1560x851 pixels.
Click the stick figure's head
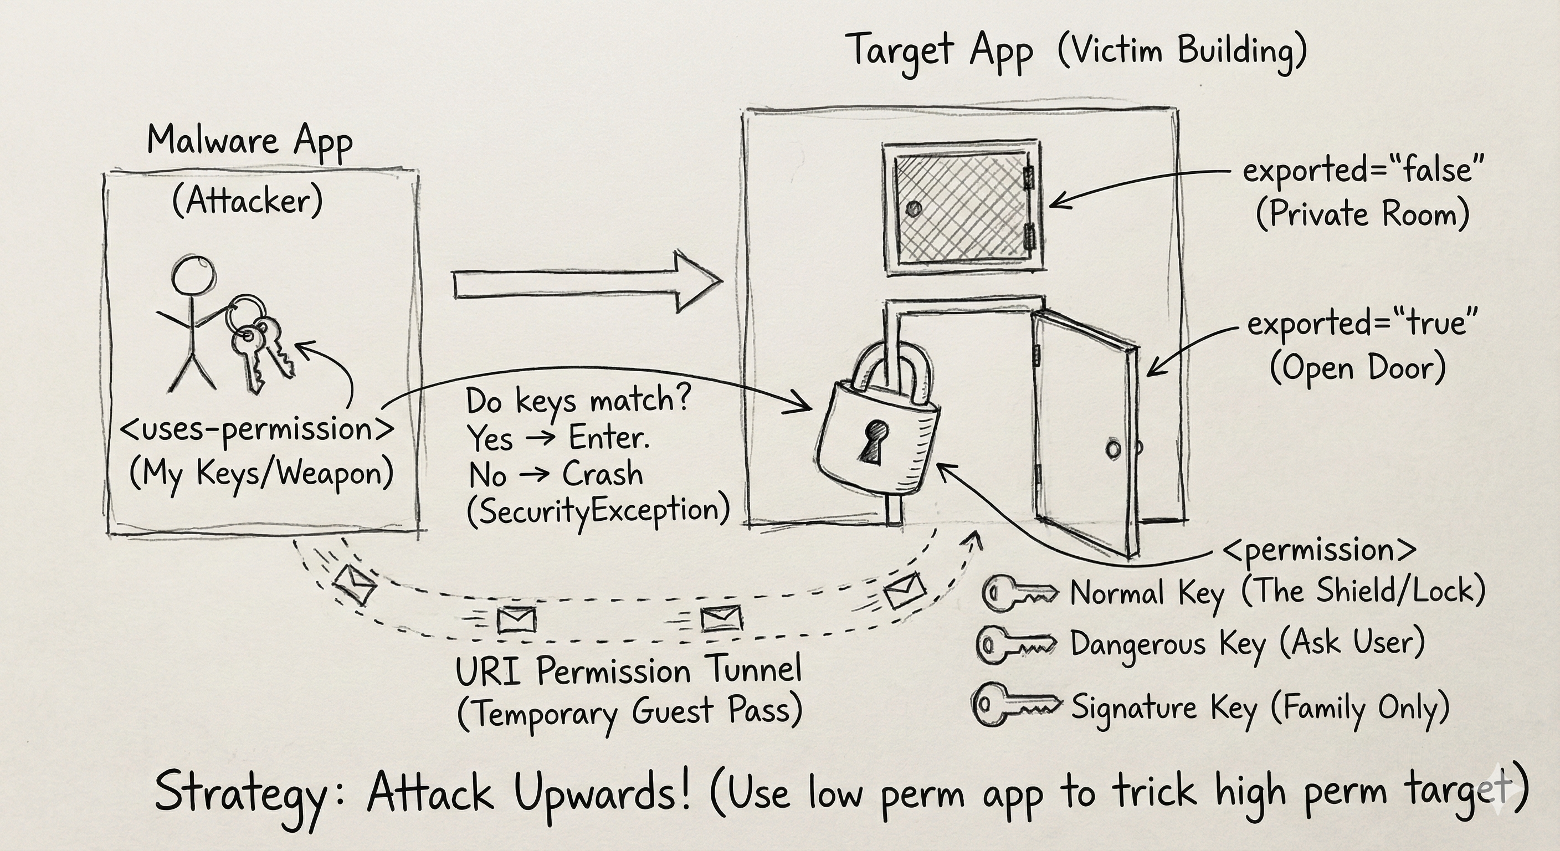pos(193,275)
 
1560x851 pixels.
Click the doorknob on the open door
pos(1113,449)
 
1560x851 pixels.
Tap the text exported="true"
pos(1361,324)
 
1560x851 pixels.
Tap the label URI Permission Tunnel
pos(628,671)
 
